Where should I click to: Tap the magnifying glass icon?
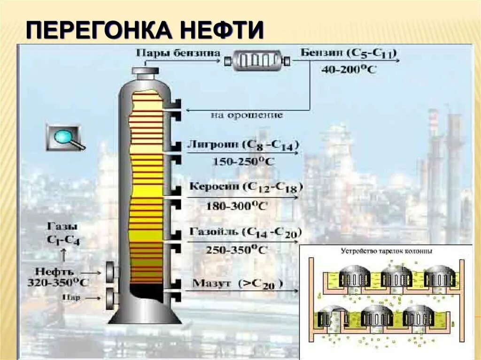click(x=65, y=138)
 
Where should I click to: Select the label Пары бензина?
click(x=178, y=53)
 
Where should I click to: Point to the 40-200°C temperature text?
click(x=348, y=69)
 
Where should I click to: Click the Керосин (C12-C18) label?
click(x=246, y=187)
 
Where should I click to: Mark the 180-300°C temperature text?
click(x=236, y=205)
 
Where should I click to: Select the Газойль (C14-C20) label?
click(x=245, y=232)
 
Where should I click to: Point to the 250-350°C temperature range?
click(x=236, y=250)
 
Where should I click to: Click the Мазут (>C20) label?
click(x=238, y=283)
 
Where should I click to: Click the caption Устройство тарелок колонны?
click(x=386, y=251)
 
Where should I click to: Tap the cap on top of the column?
click(x=145, y=71)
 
